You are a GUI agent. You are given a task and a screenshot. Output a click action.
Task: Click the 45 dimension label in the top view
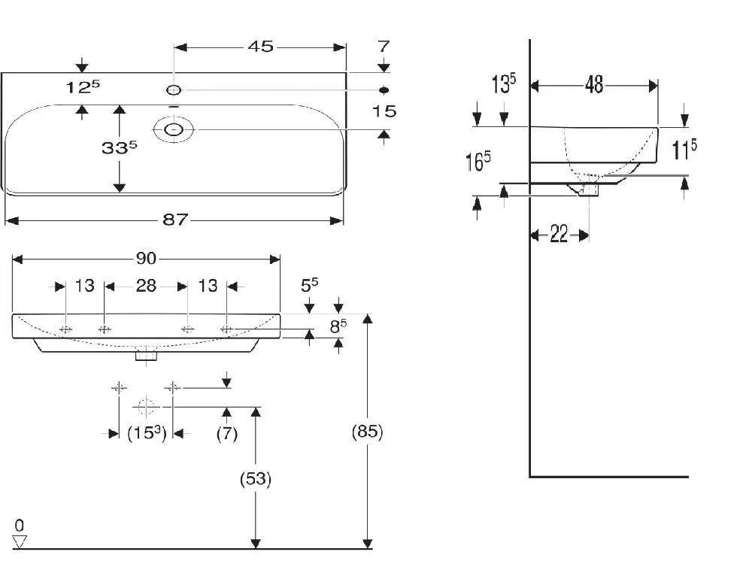coord(260,47)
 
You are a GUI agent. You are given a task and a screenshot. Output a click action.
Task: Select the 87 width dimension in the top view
coord(175,220)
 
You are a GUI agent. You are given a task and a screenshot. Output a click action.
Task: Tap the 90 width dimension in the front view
coord(147,259)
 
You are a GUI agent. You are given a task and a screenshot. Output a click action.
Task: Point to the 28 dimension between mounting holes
coord(146,286)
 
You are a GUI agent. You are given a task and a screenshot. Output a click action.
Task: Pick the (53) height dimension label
coord(256,478)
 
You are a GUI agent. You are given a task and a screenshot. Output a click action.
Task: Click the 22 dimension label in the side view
coord(559,234)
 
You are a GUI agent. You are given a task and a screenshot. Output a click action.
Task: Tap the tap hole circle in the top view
coord(174,89)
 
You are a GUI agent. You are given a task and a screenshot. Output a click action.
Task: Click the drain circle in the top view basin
coord(174,129)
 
